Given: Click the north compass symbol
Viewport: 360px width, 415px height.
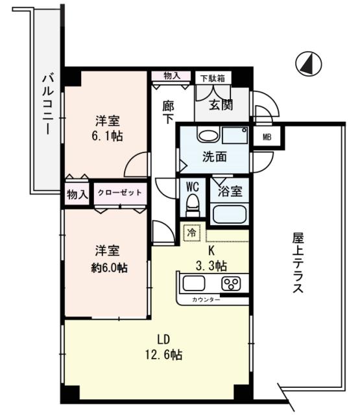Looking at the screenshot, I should click(x=309, y=64).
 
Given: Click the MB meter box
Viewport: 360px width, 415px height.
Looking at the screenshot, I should click(x=267, y=137).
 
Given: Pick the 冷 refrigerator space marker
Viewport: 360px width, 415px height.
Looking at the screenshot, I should click(x=192, y=231).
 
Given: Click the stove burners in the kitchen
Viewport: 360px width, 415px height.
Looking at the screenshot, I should click(x=230, y=283).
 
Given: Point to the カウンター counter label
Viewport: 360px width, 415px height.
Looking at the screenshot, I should click(x=206, y=300).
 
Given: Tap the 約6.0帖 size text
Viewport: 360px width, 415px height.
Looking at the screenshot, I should click(x=108, y=267).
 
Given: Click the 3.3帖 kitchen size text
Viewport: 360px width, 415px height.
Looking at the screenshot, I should click(x=211, y=265).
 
